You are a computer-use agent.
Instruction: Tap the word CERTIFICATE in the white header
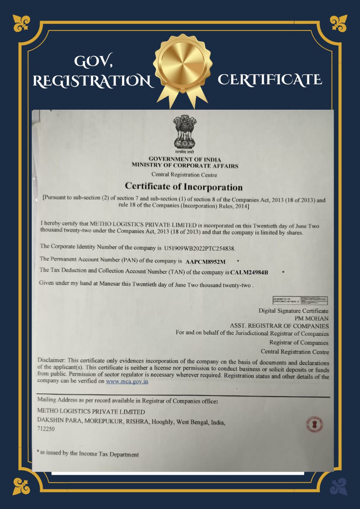[270, 80]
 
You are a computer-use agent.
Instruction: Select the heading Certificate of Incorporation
[184, 186]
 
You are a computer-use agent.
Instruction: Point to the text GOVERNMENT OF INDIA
[185, 159]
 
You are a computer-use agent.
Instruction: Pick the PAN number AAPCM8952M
[205, 262]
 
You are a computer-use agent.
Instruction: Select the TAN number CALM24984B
[249, 273]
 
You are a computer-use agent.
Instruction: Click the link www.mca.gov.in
[127, 381]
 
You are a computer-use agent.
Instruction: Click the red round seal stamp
[314, 424]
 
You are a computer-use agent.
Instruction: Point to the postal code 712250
[46, 429]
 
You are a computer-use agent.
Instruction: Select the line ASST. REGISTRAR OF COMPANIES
[279, 326]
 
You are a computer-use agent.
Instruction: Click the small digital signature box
[300, 300]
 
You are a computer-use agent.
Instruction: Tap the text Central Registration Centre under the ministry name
[184, 175]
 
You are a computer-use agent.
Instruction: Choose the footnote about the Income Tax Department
[88, 453]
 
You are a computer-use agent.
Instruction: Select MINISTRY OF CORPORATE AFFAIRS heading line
[185, 166]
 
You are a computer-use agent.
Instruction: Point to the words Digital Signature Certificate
[293, 311]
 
